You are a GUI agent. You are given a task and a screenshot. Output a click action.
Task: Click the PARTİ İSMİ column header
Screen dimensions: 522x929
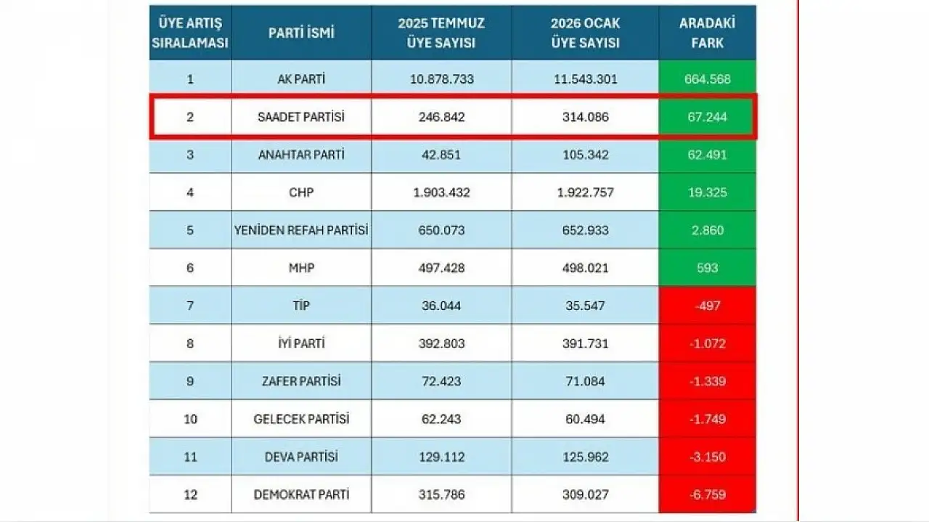tap(301, 33)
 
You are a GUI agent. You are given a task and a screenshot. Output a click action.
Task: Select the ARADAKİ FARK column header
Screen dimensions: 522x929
tap(707, 33)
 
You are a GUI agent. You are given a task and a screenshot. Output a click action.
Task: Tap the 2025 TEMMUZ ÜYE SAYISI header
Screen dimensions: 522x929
tap(441, 33)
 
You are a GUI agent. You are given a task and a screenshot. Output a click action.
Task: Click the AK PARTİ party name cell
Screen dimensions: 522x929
tap(301, 79)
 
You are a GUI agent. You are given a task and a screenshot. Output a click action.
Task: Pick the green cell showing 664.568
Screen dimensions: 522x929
tap(707, 79)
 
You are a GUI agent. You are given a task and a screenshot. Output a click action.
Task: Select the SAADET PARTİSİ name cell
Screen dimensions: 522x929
tap(301, 117)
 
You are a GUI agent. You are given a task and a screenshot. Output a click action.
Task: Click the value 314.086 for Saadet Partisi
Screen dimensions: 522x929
tap(584, 117)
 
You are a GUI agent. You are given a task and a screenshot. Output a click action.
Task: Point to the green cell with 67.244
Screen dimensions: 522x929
tap(707, 117)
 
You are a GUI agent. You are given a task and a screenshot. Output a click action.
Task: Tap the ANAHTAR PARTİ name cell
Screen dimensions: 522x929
tap(301, 155)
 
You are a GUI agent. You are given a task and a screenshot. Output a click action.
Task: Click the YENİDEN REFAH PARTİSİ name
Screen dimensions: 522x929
tap(301, 230)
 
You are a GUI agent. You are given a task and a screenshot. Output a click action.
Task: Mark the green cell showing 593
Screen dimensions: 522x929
tap(707, 268)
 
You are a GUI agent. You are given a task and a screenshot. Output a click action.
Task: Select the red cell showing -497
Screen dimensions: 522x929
tap(707, 306)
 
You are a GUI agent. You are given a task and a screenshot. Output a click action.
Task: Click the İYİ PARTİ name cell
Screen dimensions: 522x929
tap(301, 343)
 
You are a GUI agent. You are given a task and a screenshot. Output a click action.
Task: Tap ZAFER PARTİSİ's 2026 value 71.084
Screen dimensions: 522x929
tap(584, 381)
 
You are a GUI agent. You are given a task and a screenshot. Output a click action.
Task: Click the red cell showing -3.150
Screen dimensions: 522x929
tap(707, 457)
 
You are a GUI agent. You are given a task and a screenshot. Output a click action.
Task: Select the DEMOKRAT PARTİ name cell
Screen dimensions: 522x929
tap(301, 494)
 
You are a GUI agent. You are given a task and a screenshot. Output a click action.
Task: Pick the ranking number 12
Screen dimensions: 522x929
tap(190, 494)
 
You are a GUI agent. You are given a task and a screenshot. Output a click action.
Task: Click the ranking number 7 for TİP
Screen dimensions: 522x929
tap(190, 306)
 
